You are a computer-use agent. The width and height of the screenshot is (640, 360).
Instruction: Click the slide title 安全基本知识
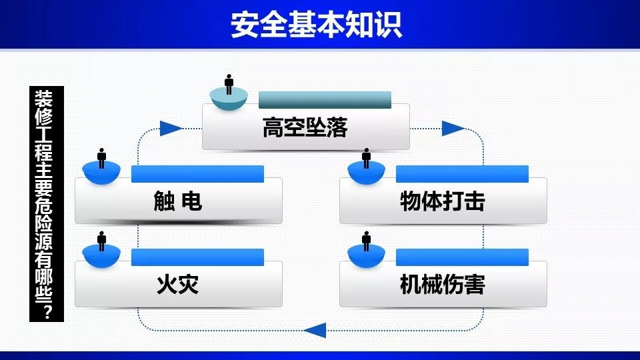click(x=316, y=25)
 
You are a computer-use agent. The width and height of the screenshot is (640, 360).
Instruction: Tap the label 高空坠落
click(x=305, y=127)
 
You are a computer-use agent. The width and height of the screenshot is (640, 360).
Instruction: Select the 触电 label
click(x=177, y=201)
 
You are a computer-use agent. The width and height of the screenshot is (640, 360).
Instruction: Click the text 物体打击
click(x=443, y=201)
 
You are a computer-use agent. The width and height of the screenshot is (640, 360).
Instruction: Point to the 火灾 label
click(x=177, y=285)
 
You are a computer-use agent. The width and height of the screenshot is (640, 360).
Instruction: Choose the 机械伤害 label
click(x=443, y=285)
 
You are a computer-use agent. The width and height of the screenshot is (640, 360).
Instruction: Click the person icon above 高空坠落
click(x=229, y=85)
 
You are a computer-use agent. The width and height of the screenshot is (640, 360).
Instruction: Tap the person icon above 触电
click(x=101, y=159)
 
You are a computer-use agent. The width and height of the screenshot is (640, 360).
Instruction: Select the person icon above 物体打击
click(x=367, y=159)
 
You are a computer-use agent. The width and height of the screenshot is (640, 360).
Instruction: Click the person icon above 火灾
click(x=101, y=241)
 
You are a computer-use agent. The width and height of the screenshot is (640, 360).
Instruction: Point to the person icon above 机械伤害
click(x=367, y=241)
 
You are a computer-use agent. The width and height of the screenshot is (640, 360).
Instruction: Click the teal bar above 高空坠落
click(x=325, y=100)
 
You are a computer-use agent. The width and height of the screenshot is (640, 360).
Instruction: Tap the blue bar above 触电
click(x=197, y=174)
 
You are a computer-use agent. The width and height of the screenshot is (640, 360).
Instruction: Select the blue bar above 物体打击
click(x=462, y=174)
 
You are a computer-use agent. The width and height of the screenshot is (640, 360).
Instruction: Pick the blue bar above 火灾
click(x=197, y=257)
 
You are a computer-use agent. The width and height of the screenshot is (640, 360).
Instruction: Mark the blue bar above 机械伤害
click(x=462, y=257)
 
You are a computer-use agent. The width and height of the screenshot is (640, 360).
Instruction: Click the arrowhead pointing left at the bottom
click(x=315, y=330)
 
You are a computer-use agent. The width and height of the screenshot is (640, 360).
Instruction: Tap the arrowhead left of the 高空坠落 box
click(x=171, y=129)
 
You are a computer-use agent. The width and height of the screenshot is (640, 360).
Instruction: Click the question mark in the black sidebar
click(x=47, y=311)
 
